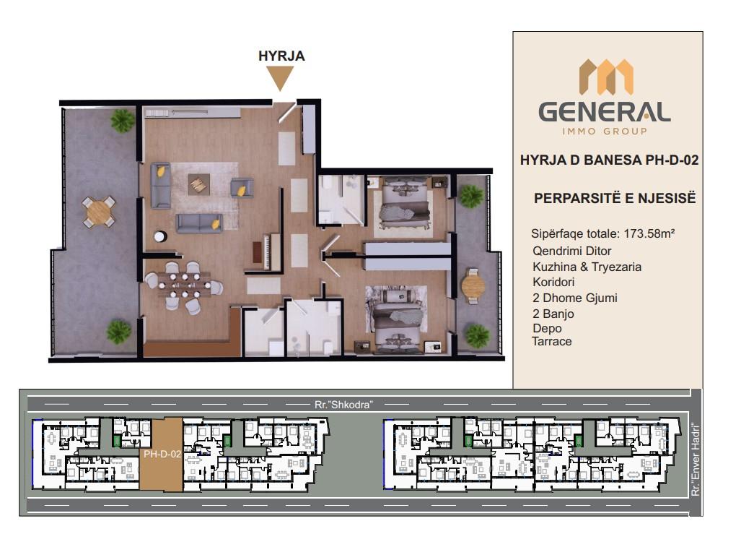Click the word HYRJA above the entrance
281,56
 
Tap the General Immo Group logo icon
606,77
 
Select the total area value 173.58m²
649,234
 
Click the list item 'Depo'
547,328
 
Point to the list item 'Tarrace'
551,341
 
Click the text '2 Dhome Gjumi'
574,298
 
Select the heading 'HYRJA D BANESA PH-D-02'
609,160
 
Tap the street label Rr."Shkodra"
343,405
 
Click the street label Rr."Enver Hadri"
695,460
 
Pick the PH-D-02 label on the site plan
162,454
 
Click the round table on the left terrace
99,212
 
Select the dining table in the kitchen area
184,283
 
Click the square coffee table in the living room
198,184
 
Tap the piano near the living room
267,251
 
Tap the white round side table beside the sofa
160,236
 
